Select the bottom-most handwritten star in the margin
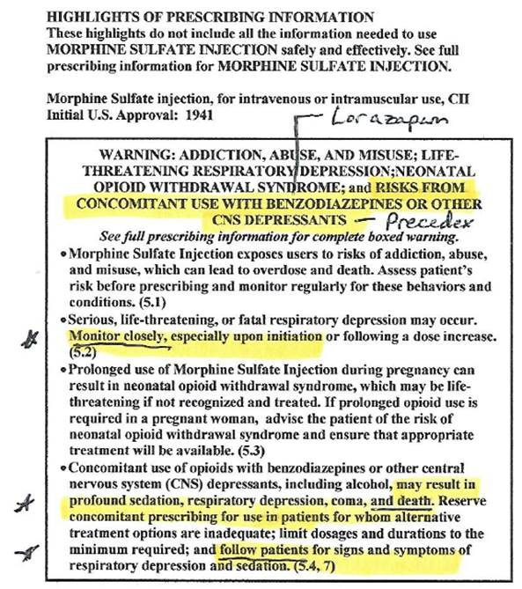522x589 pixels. (x=31, y=552)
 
